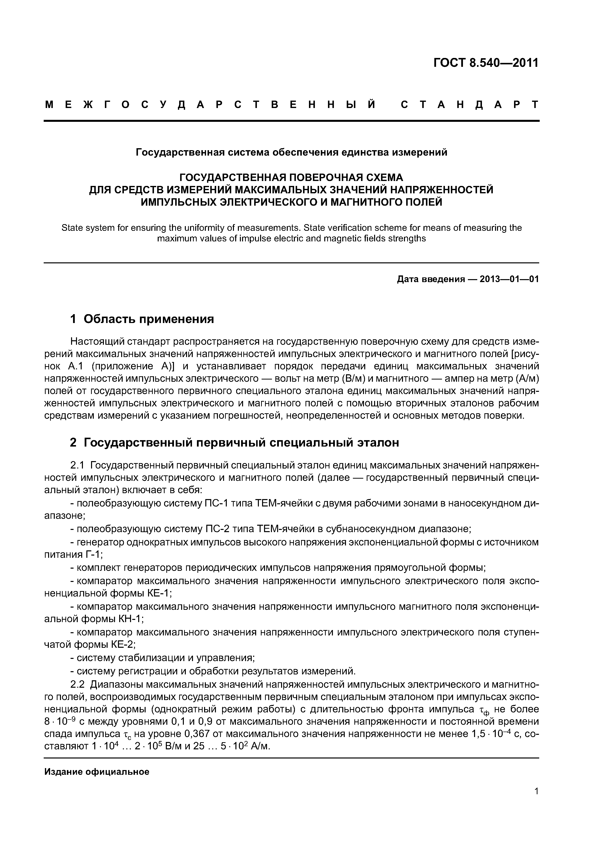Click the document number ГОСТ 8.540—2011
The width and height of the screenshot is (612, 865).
click(x=486, y=63)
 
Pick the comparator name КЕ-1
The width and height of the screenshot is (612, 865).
click(x=160, y=593)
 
